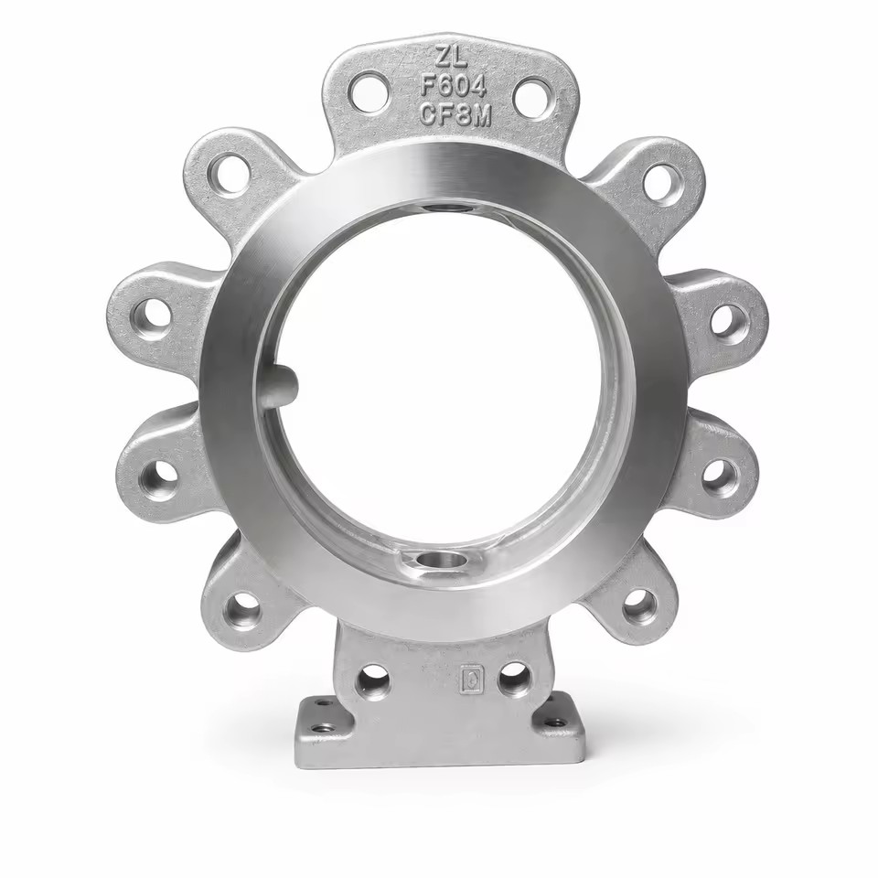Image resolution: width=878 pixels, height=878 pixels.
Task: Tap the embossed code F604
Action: tap(453, 87)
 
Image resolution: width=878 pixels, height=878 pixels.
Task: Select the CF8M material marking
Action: tap(455, 116)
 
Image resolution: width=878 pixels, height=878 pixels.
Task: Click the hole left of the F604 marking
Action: tap(369, 91)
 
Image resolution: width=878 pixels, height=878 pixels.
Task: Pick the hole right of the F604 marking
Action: tap(532, 97)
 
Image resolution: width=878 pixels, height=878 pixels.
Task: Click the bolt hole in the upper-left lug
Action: tap(228, 174)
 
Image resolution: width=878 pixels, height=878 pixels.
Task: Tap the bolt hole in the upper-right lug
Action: tap(664, 182)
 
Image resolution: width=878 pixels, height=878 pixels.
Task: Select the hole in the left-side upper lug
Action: tap(152, 316)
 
